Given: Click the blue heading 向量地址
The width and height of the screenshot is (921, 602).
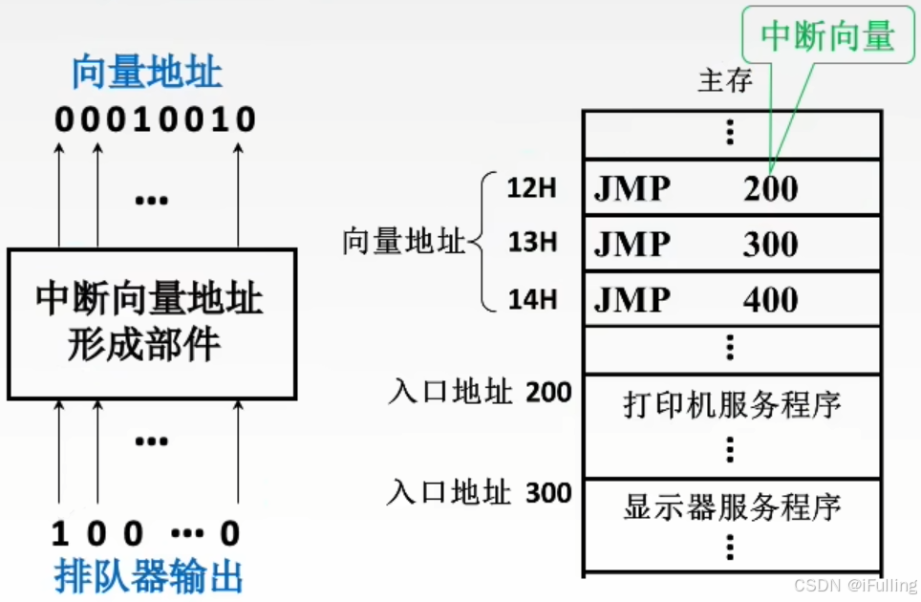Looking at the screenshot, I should (x=148, y=74).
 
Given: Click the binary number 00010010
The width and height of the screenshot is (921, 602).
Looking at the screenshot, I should (x=156, y=119).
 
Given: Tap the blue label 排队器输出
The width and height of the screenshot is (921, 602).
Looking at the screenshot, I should (x=148, y=577).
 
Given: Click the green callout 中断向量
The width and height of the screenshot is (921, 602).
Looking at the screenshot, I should (x=827, y=36).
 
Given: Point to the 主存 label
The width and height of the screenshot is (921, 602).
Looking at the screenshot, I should (x=725, y=81).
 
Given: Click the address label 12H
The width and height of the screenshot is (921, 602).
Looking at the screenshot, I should (x=532, y=188).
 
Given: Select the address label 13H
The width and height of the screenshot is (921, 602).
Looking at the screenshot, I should (x=532, y=244).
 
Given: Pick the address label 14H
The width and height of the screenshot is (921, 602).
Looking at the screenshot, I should (x=532, y=299).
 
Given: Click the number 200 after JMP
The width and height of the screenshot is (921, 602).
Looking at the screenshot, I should (x=770, y=189).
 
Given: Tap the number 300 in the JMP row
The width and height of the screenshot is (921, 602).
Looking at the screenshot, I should (x=770, y=245).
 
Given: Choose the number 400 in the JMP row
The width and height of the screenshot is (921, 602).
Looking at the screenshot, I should (x=770, y=300).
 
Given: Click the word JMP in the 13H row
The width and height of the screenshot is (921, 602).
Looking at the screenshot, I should (x=632, y=245).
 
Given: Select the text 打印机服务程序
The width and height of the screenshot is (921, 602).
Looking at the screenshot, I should (x=732, y=405).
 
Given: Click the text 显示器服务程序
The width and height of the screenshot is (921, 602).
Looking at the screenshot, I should (x=732, y=505).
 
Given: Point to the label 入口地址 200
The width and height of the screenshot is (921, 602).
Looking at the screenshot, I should (x=480, y=393).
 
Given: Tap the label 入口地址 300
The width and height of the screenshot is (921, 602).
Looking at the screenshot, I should (x=480, y=493).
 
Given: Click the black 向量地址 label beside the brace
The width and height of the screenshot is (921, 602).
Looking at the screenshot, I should (x=403, y=243).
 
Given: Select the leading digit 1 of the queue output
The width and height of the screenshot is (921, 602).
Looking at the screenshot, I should (x=60, y=533).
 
